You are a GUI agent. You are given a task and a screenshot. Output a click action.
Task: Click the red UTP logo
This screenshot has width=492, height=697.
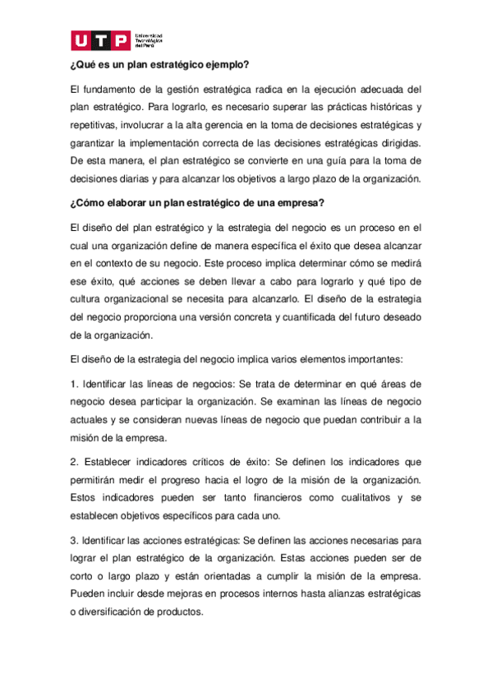pyautogui.click(x=100, y=40)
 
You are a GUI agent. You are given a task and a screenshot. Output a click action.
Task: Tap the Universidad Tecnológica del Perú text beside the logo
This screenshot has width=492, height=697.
pyautogui.click(x=148, y=41)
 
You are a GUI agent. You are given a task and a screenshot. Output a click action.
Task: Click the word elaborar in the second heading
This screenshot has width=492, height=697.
pyautogui.click(x=130, y=203)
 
